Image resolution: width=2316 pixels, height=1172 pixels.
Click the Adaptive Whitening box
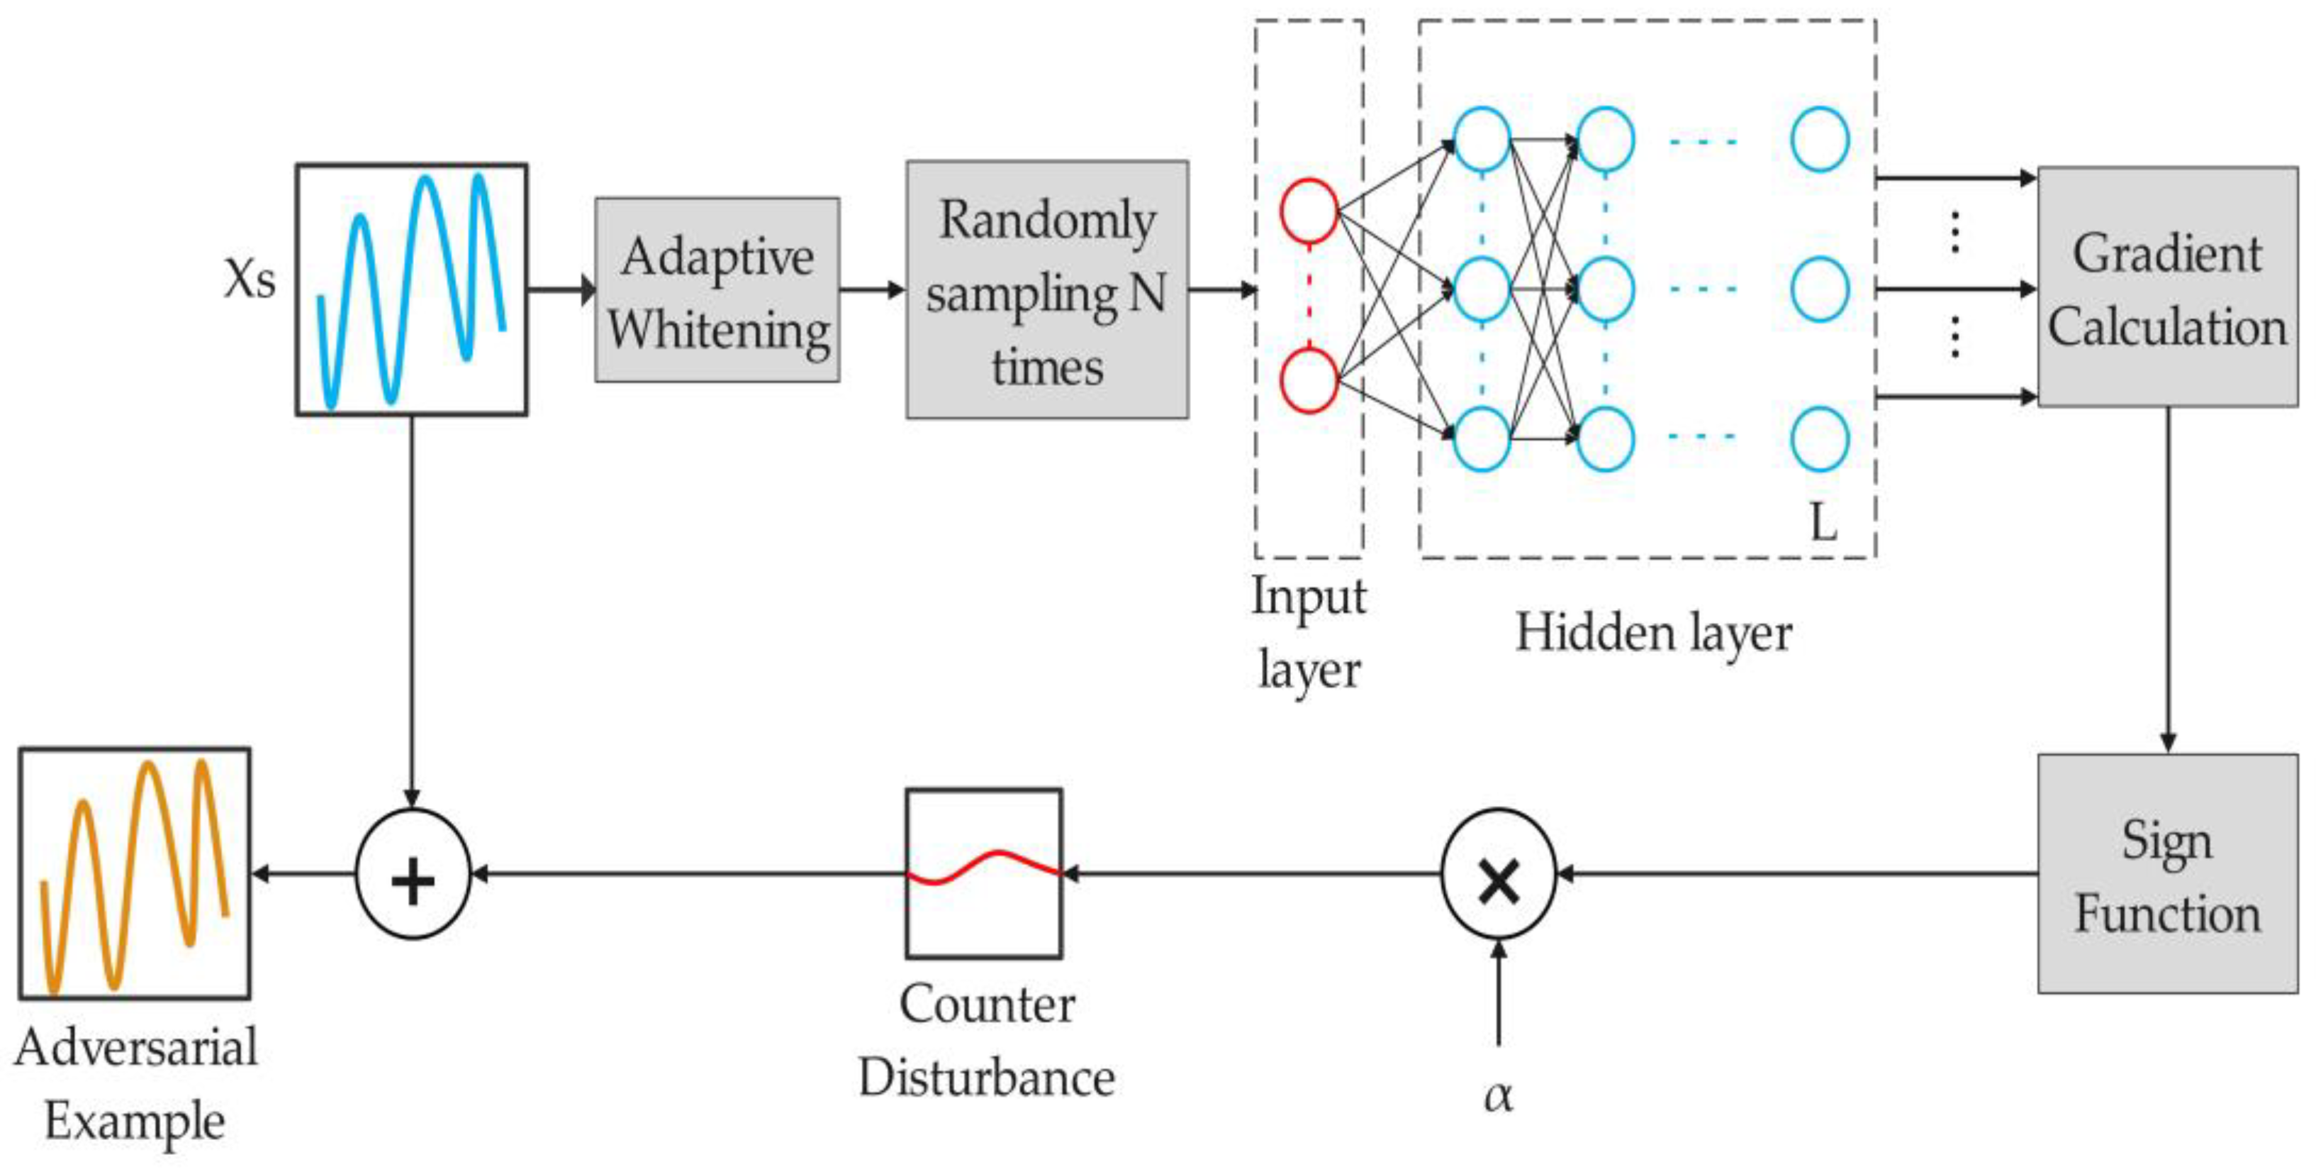pyautogui.click(x=717, y=289)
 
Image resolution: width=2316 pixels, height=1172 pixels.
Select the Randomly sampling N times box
pyautogui.click(x=1046, y=289)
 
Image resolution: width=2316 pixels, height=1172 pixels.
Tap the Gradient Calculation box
pyautogui.click(x=2166, y=288)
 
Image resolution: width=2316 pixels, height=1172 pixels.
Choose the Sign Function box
pyautogui.click(x=2166, y=873)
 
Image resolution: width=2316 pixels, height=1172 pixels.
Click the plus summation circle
pyautogui.click(x=413, y=873)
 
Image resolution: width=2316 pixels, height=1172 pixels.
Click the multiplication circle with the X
pyautogui.click(x=1498, y=873)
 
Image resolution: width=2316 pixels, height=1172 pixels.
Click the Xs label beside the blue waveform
pyautogui.click(x=249, y=279)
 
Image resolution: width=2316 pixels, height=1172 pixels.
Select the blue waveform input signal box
pyautogui.click(x=412, y=289)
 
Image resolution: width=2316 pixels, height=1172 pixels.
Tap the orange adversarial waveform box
pyautogui.click(x=135, y=873)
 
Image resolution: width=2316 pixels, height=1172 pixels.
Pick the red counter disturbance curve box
pyautogui.click(x=983, y=873)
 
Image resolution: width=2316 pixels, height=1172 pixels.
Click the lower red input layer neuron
pyautogui.click(x=1308, y=382)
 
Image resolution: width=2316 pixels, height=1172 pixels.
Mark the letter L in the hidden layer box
pyautogui.click(x=1823, y=521)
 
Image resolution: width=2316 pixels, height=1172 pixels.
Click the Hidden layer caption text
pyautogui.click(x=1653, y=632)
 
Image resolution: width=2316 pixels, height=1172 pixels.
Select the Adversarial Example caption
pyautogui.click(x=135, y=1084)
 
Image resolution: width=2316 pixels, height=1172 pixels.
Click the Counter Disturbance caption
pyautogui.click(x=986, y=1041)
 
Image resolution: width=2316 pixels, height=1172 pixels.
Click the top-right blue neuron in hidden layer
pyautogui.click(x=1820, y=140)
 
